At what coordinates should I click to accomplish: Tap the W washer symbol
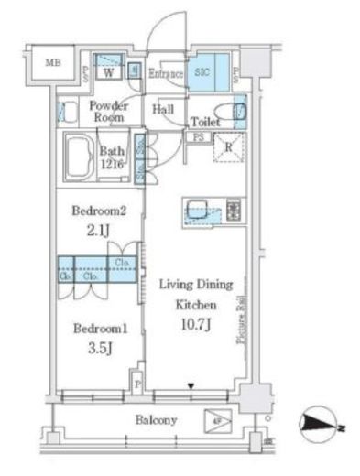(x=109, y=71)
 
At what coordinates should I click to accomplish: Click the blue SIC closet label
(x=203, y=72)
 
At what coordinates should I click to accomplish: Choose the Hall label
(x=164, y=110)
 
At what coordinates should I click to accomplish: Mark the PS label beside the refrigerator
(x=197, y=137)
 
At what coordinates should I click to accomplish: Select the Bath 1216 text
(x=114, y=158)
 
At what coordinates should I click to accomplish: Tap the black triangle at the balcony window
(x=191, y=386)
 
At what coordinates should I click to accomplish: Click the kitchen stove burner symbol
(x=232, y=211)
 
